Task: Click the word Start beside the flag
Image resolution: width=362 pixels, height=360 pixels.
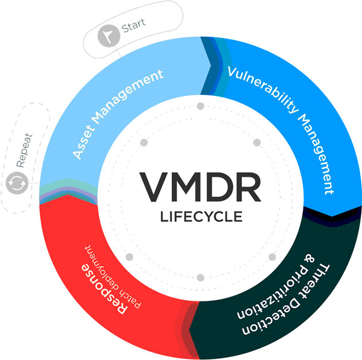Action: (133, 25)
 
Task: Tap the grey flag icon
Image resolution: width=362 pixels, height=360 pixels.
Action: (109, 36)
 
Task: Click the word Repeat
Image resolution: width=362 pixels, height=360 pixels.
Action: (24, 150)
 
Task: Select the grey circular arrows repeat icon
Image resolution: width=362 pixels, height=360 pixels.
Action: (17, 183)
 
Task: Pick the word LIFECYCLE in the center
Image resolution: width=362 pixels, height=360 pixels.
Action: (202, 217)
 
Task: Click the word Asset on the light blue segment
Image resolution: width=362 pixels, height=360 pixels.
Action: (84, 142)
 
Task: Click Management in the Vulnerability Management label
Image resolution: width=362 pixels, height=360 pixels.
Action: (317, 155)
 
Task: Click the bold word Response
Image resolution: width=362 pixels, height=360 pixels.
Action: (104, 289)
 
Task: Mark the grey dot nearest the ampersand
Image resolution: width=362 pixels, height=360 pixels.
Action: (272, 257)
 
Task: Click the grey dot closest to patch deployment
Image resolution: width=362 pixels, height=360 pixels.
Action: (129, 257)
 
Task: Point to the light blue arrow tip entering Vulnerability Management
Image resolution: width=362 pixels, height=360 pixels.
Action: (211, 65)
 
